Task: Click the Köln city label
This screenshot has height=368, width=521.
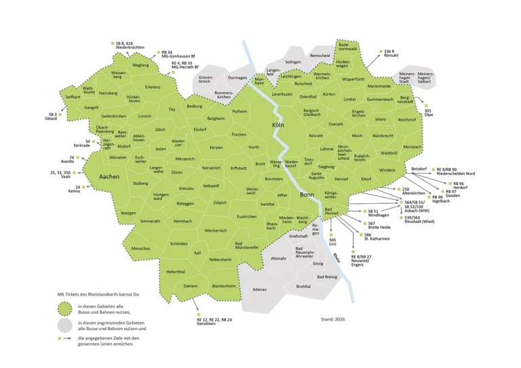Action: coord(277,126)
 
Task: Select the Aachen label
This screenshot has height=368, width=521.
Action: coord(109,176)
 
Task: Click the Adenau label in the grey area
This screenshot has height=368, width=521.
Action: coord(259,289)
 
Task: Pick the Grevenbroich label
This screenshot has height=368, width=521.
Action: coord(206,80)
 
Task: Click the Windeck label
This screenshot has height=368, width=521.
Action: coord(387,170)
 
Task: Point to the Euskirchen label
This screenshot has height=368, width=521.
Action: coord(247,216)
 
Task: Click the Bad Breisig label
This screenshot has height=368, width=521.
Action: coord(326,277)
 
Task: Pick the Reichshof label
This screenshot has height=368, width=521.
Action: coord(407,119)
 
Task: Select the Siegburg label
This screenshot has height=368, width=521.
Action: coord(326,166)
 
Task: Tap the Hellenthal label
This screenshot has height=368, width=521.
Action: coord(175,271)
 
